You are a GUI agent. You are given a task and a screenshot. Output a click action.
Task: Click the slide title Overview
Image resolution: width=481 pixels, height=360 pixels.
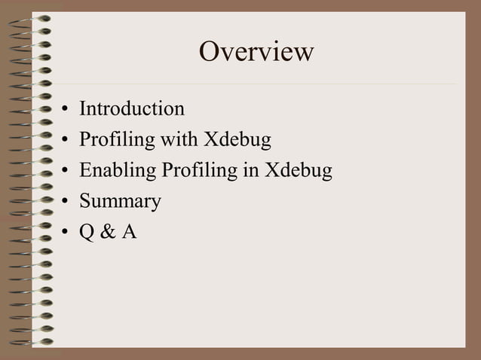pos(256,52)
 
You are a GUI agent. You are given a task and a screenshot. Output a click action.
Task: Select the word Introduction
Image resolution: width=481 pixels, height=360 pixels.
pos(132,109)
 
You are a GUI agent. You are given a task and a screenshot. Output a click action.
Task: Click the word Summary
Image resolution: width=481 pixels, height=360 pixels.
pos(121,202)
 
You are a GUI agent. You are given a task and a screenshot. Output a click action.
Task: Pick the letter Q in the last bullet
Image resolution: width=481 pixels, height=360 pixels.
pos(87,232)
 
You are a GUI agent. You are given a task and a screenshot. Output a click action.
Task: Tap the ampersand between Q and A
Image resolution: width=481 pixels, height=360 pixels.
pos(108,232)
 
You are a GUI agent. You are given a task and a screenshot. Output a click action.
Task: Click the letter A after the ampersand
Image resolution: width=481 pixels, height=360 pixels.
pos(129,232)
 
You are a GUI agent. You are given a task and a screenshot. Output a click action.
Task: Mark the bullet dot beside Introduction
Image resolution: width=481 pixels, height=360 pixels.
pos(66,111)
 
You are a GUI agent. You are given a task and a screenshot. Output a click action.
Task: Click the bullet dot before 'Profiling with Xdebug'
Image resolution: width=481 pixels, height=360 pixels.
pos(66,142)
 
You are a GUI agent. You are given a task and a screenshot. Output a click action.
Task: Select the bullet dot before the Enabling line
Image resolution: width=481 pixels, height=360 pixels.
pos(66,172)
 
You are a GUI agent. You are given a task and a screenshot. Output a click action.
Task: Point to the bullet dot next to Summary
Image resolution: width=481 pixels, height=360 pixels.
pos(66,203)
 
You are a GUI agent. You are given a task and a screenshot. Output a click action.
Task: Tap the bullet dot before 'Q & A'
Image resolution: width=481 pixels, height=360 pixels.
pos(66,233)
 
